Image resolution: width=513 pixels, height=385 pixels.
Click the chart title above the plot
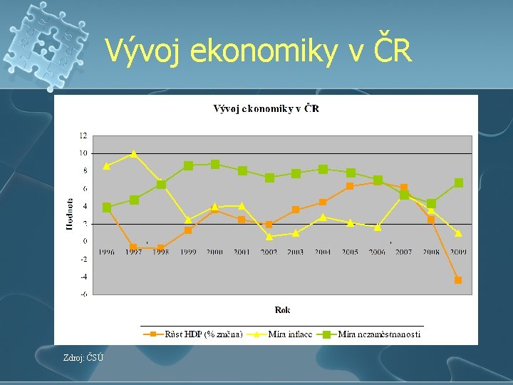[266, 108]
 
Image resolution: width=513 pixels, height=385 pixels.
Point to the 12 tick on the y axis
[83, 135]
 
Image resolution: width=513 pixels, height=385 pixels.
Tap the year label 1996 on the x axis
[107, 252]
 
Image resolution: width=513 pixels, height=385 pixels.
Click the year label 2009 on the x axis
[457, 252]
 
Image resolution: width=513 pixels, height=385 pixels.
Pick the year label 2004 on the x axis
[323, 252]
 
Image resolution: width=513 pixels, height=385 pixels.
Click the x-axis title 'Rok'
[282, 309]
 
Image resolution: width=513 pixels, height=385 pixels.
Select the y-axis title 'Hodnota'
[70, 214]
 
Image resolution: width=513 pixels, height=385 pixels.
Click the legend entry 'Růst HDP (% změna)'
[203, 334]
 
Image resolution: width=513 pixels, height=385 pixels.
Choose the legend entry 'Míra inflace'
[289, 334]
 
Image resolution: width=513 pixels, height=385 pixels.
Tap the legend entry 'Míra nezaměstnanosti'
[378, 334]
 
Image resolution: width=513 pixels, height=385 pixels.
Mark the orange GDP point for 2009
[458, 280]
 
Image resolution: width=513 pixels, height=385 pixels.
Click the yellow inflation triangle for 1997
[133, 153]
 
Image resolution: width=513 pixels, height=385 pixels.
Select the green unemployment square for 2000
[215, 164]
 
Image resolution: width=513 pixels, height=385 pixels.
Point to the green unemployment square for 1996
[107, 207]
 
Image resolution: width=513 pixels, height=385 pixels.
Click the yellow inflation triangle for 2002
[269, 236]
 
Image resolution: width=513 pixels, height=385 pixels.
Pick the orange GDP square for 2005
[350, 186]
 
